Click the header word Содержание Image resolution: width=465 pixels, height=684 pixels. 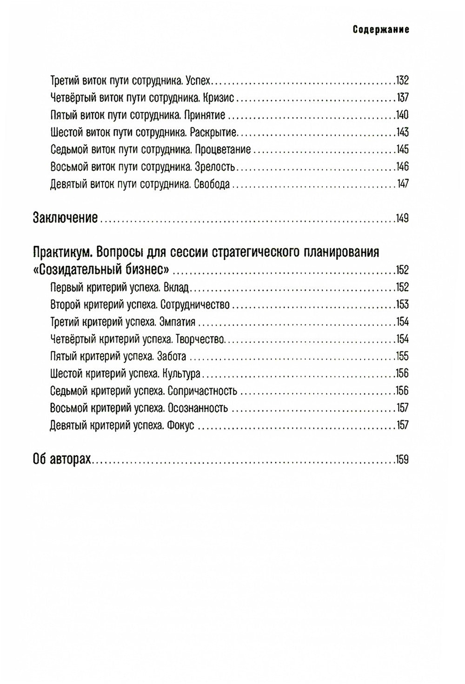point(380,30)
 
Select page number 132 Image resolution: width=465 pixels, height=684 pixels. point(402,81)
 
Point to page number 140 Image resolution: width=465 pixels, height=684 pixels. point(402,115)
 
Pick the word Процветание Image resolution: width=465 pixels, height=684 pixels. point(223,150)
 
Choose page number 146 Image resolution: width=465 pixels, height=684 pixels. point(402,167)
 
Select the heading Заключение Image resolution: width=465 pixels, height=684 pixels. point(65,218)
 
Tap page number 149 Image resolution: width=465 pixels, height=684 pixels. point(402,218)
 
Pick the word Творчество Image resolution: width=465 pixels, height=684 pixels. point(202,339)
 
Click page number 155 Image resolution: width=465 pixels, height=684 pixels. point(402,357)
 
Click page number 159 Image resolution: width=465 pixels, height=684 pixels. point(402,459)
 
